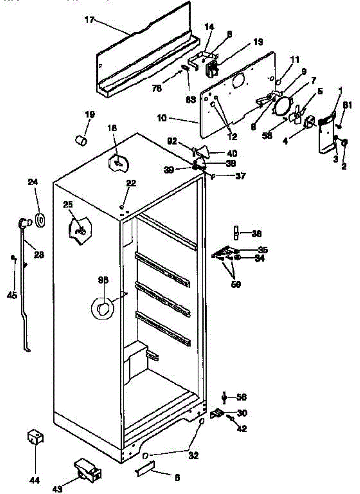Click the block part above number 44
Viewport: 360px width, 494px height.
pyautogui.click(x=35, y=438)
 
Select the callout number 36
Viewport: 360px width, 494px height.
pyautogui.click(x=256, y=234)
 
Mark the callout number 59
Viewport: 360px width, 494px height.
pyautogui.click(x=236, y=284)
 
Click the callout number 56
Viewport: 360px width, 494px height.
pyautogui.click(x=242, y=397)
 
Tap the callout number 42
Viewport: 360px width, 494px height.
pyautogui.click(x=242, y=429)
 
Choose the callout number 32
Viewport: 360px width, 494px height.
pyautogui.click(x=193, y=456)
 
